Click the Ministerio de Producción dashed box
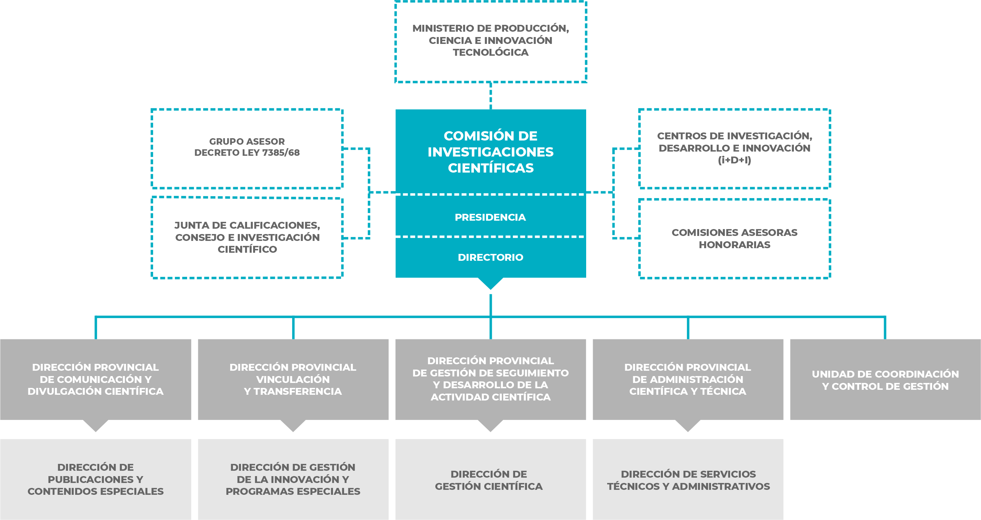coord(490,41)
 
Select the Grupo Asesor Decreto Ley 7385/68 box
coord(247,148)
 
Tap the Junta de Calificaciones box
coord(247,237)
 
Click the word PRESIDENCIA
coord(490,217)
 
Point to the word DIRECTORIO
coord(490,257)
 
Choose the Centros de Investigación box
coord(734,148)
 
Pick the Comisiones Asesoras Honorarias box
coord(734,239)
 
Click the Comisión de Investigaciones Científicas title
coord(490,152)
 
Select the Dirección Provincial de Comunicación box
coord(95,379)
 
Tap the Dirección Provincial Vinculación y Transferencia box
coord(293,379)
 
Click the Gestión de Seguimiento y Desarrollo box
coord(490,379)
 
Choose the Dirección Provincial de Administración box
coord(688,379)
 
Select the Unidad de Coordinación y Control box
coord(885,380)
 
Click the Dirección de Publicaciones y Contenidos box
coord(95,479)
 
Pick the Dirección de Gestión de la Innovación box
coord(293,479)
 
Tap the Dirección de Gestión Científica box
coord(489,480)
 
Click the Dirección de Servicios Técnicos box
coord(688,480)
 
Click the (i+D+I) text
coord(734,160)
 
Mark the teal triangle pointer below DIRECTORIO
coord(491,283)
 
